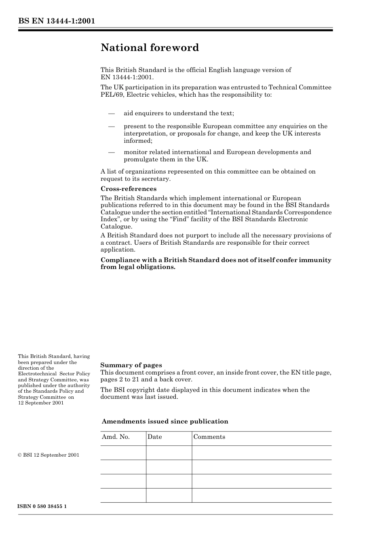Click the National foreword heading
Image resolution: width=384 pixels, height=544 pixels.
coord(150,48)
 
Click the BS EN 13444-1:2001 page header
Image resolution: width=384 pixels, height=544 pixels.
coord(56,21)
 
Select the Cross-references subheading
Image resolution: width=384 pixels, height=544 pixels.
coord(128,189)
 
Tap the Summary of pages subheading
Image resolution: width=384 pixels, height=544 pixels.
coord(131,365)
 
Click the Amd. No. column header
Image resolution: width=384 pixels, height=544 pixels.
coord(116,437)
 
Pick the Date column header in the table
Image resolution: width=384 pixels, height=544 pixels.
coord(154,437)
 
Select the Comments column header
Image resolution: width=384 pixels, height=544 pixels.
coord(209,437)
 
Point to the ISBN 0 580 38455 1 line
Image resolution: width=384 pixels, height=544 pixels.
coord(42,507)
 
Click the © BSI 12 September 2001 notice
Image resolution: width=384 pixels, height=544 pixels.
coord(49,455)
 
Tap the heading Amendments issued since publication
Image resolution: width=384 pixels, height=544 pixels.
coord(165,421)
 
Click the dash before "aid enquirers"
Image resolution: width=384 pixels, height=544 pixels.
coord(112,113)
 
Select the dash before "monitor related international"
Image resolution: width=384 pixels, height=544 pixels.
coord(112,152)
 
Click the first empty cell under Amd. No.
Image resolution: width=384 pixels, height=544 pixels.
coord(123,453)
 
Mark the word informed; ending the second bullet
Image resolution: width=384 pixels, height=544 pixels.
coord(138,141)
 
